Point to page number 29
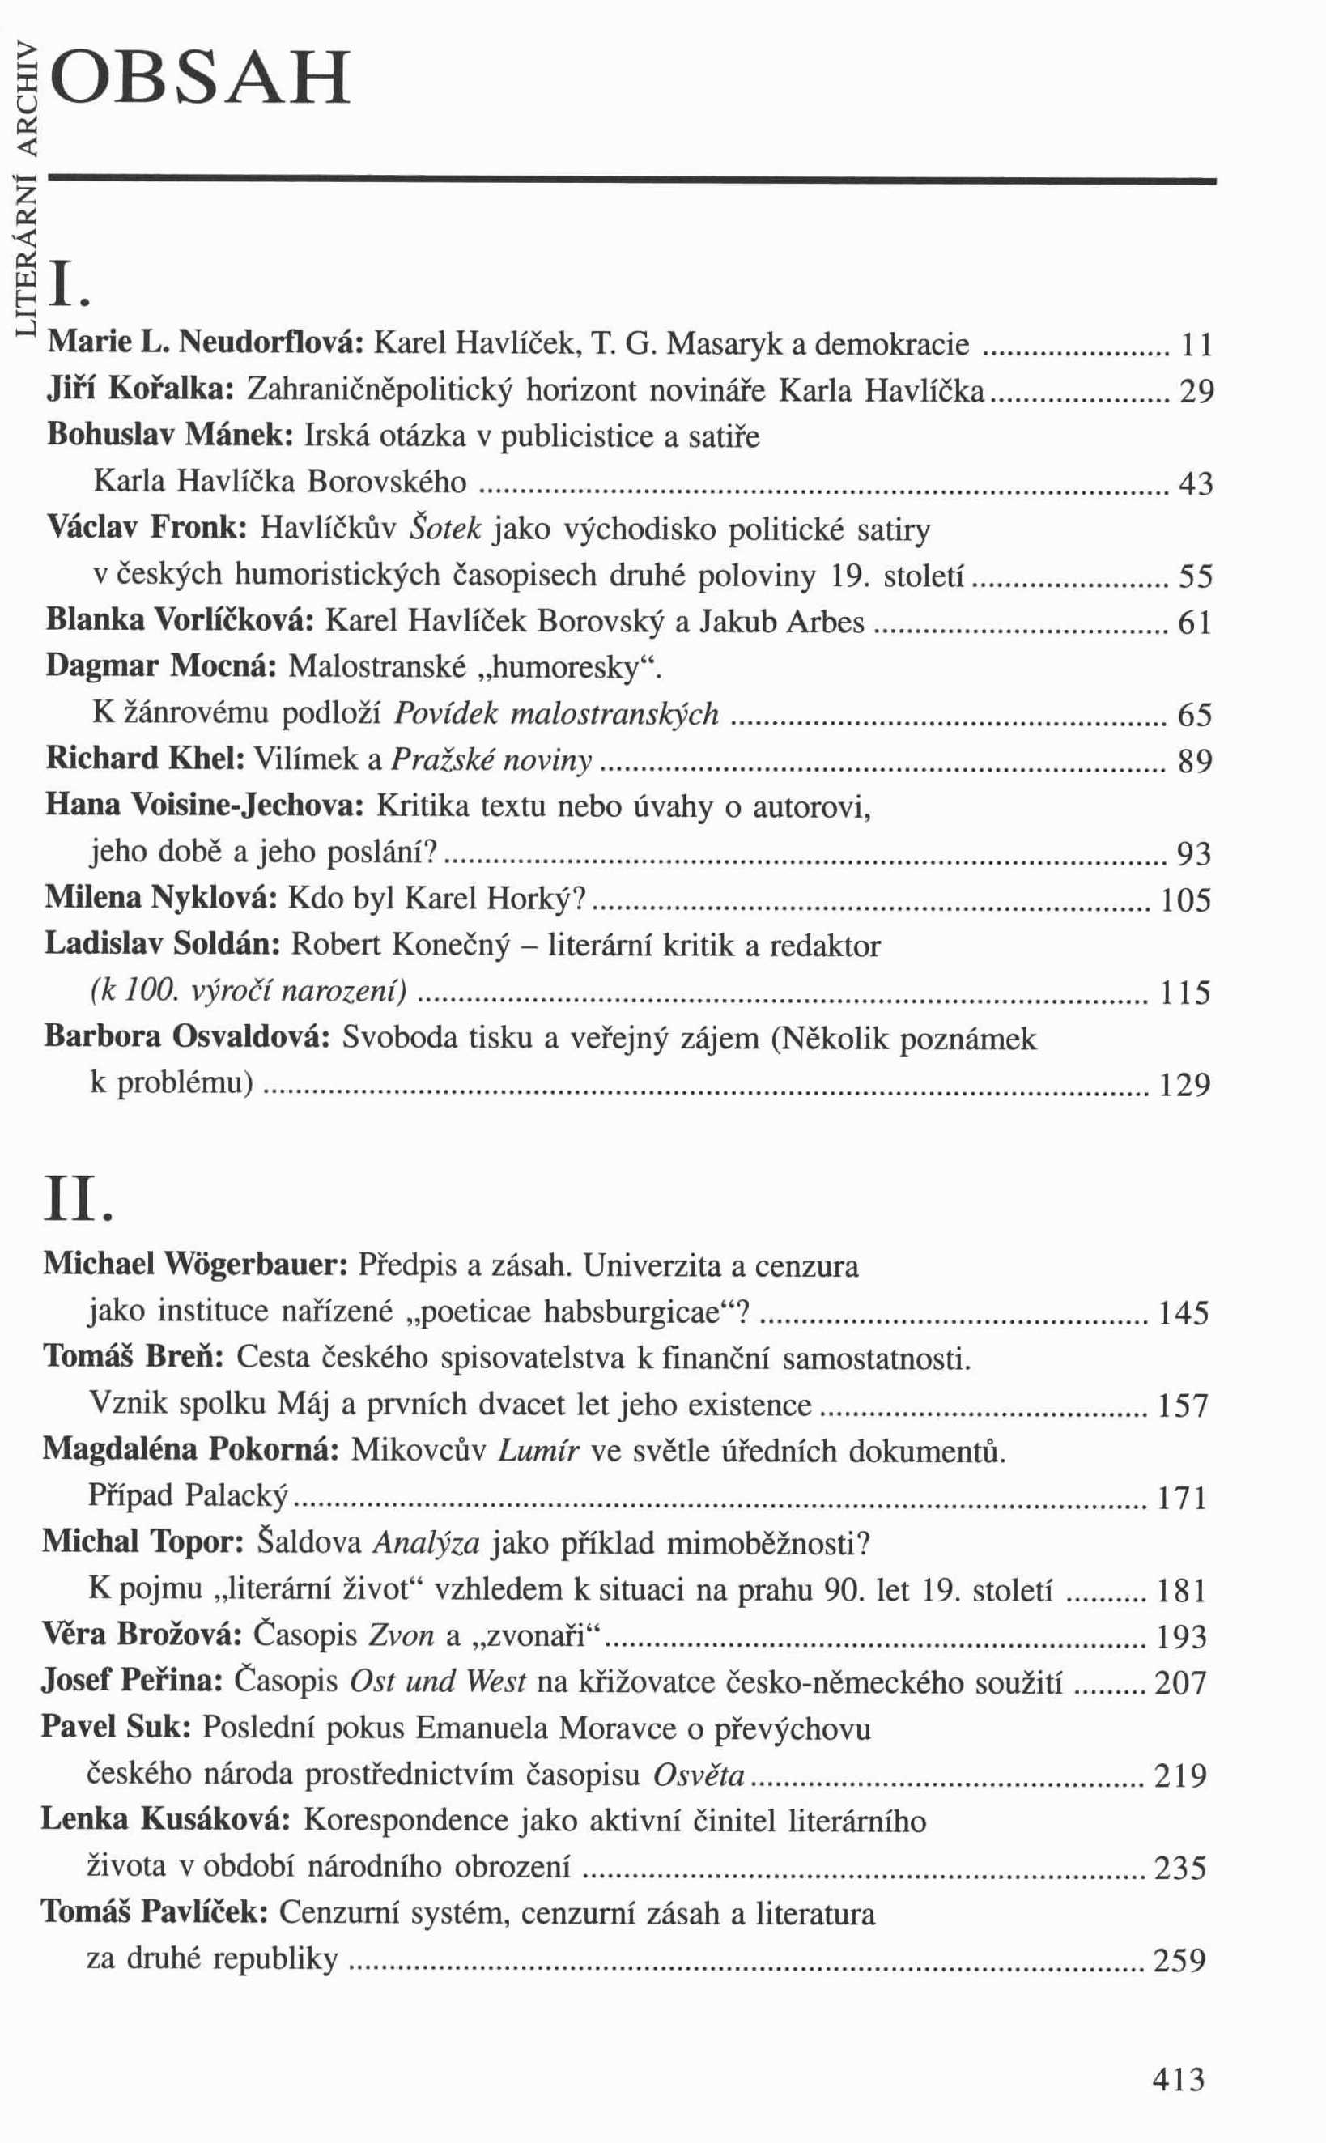[1196, 392]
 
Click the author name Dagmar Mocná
[161, 667]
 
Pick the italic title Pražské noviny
[491, 760]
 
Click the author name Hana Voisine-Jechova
[204, 806]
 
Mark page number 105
[1186, 899]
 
